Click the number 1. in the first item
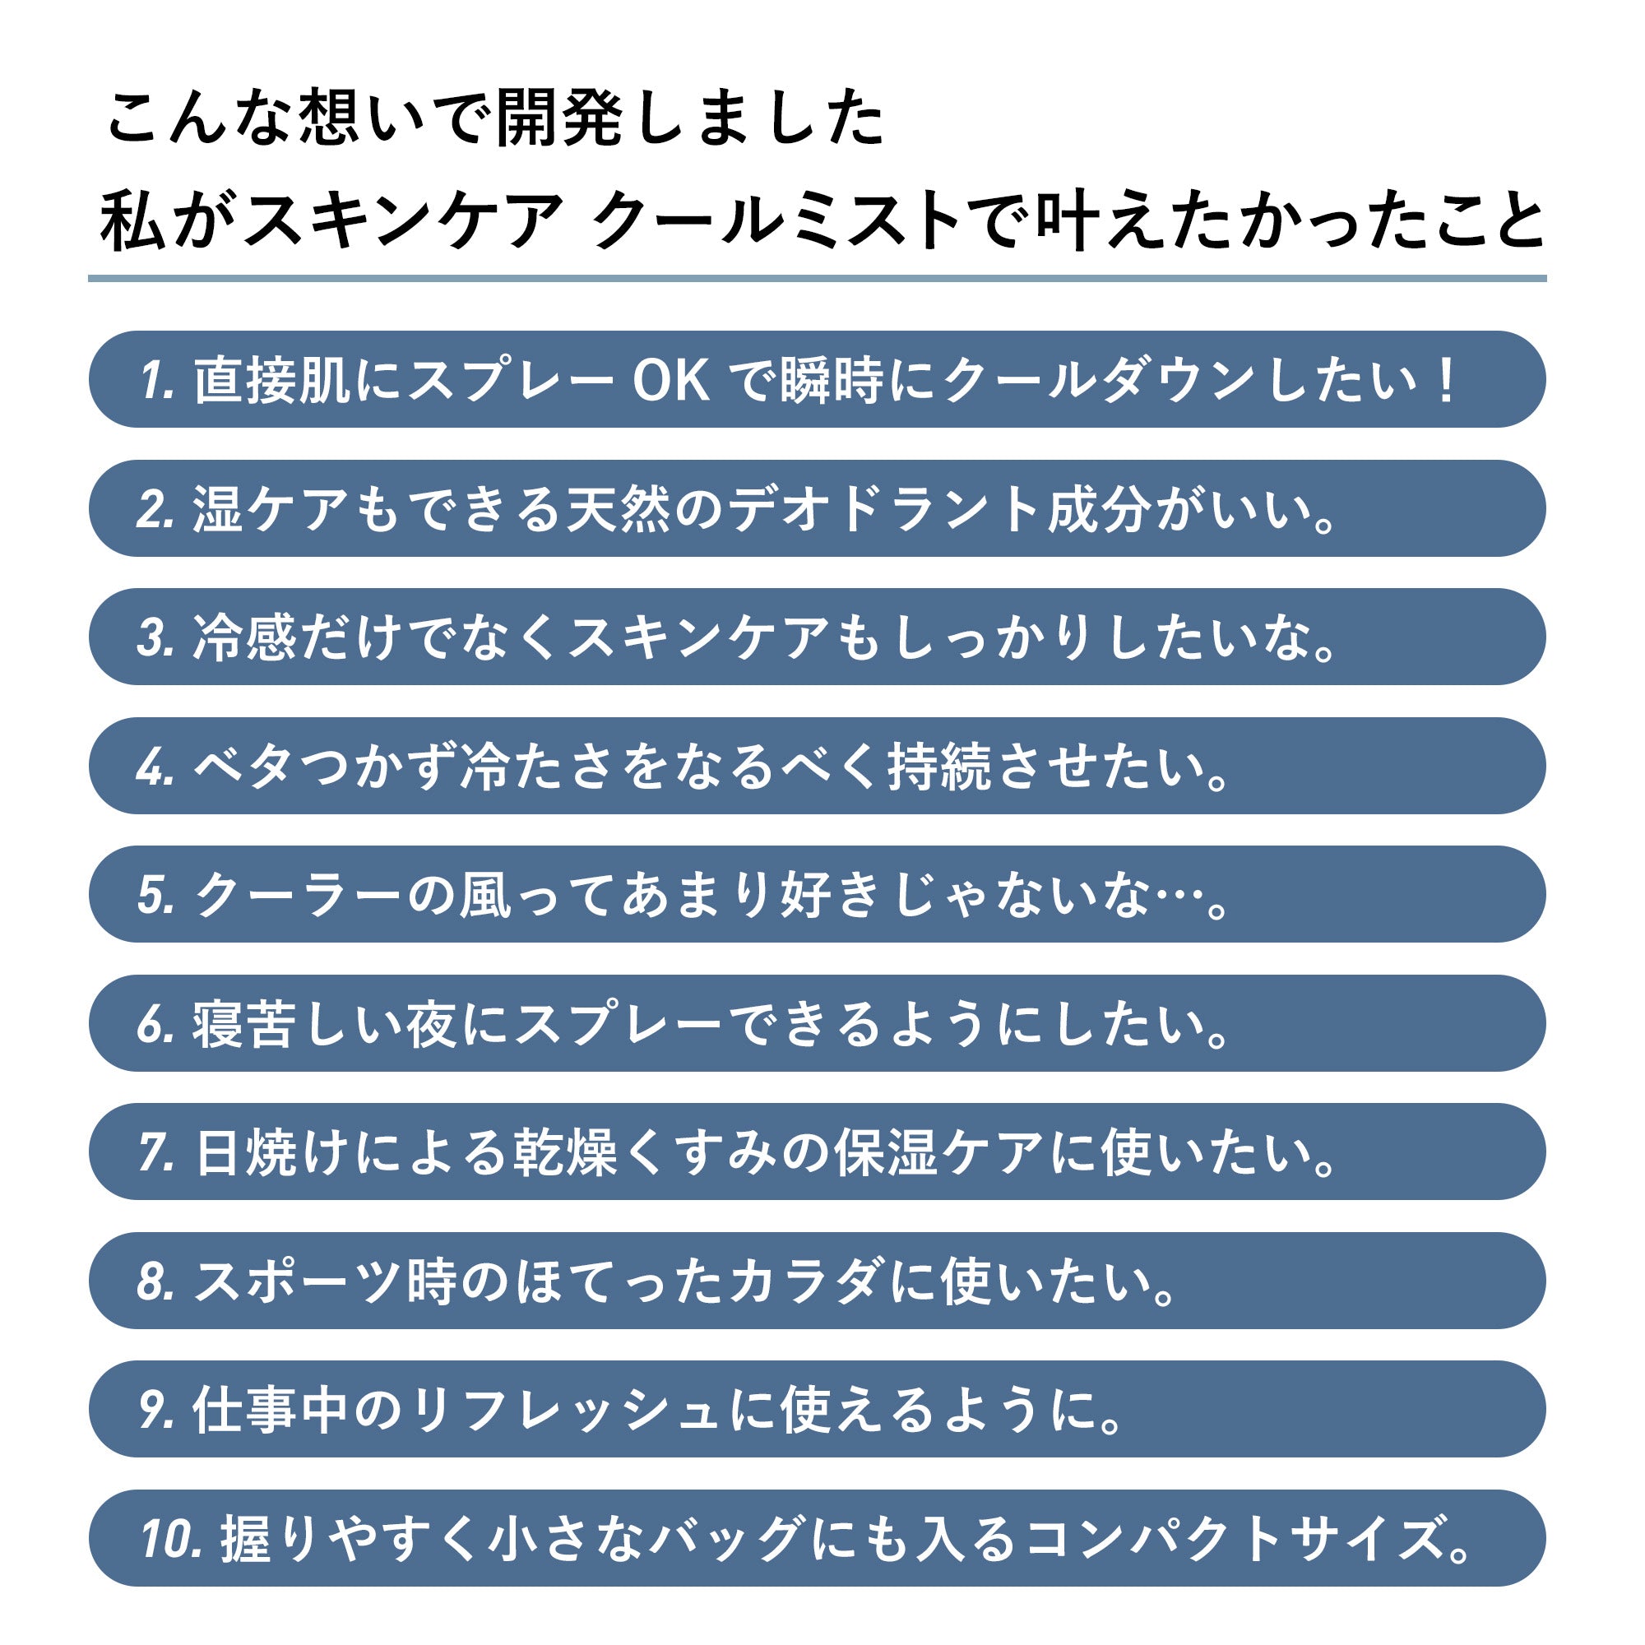[158, 380]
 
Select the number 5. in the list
[155, 895]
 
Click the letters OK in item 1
[671, 380]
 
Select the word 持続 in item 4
[939, 767]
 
